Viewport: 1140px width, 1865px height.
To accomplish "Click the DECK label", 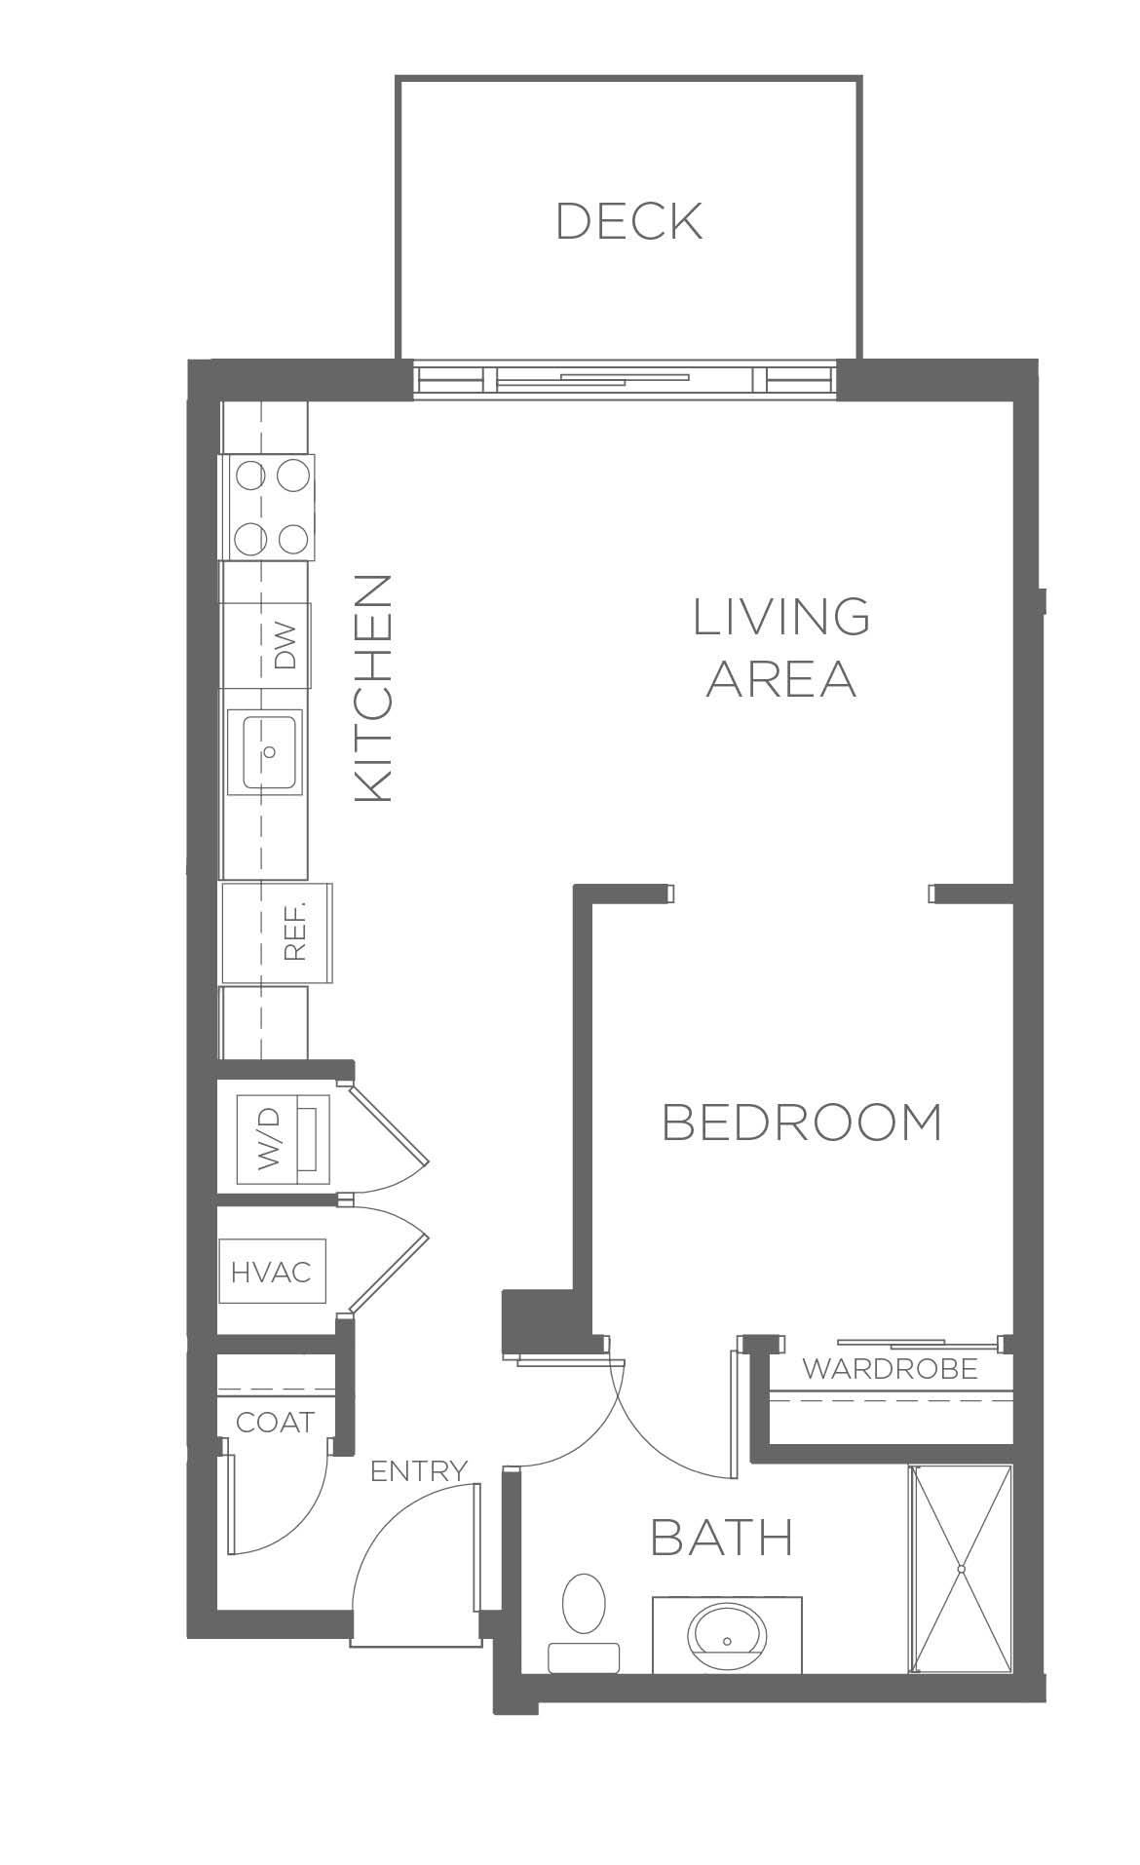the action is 628,221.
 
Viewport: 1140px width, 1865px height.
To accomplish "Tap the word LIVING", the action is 781,616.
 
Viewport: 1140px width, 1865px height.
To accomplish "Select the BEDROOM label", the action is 802,1123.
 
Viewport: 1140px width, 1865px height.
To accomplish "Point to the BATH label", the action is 721,1537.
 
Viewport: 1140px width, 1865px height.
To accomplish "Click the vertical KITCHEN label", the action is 373,688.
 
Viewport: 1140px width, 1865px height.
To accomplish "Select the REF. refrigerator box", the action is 277,933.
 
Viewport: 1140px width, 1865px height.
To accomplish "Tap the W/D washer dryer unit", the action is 284,1138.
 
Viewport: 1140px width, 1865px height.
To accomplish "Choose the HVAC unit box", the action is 271,1272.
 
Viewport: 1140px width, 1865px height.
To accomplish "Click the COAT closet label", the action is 275,1422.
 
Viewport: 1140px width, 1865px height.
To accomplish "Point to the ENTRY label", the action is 419,1470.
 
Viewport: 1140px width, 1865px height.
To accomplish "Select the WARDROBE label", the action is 890,1369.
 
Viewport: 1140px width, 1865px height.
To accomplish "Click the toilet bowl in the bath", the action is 585,1603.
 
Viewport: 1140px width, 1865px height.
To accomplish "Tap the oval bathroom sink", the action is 727,1640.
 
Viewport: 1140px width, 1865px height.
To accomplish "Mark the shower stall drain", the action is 961,1570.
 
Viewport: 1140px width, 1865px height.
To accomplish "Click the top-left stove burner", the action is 250,476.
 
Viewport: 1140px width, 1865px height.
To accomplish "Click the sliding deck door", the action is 625,379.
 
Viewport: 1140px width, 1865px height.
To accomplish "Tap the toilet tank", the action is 585,1657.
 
